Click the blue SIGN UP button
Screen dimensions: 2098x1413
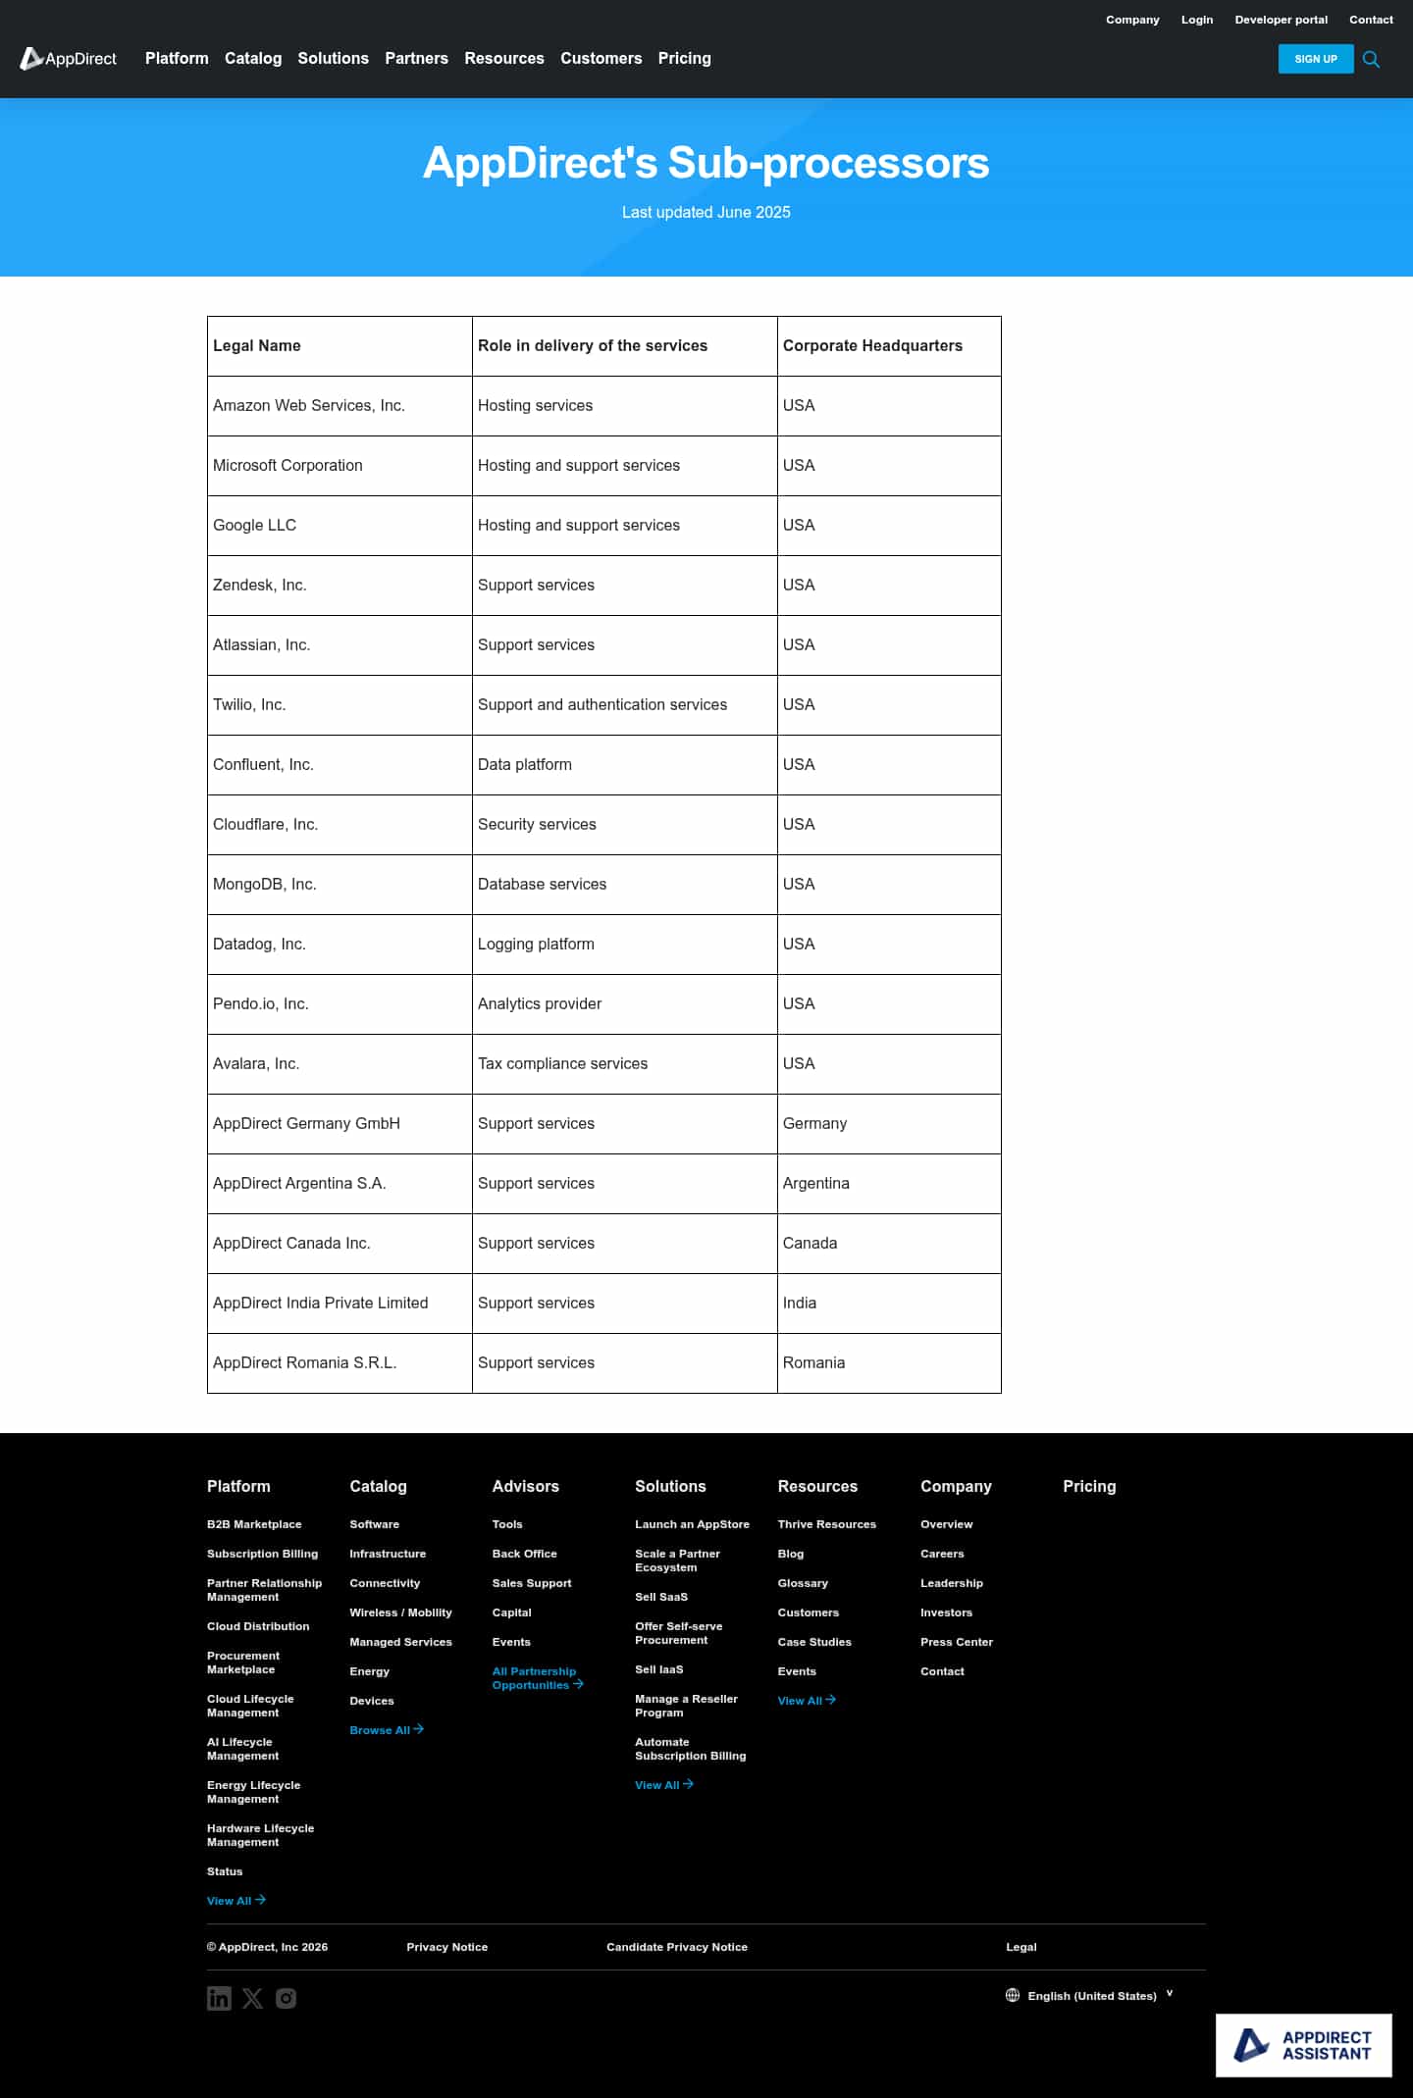click(x=1315, y=59)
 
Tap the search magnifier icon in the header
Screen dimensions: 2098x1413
click(x=1371, y=60)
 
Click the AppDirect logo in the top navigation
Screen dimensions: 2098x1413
click(x=69, y=59)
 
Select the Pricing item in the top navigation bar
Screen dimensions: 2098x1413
click(x=684, y=59)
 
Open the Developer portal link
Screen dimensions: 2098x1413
click(x=1281, y=20)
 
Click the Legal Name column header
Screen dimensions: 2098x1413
click(x=257, y=346)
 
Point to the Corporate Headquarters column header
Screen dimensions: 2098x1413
click(x=872, y=346)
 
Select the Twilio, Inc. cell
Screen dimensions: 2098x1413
click(x=249, y=705)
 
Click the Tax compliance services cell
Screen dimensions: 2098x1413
click(x=562, y=1064)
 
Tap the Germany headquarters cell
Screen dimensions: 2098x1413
click(x=814, y=1124)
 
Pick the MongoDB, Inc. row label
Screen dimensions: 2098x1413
click(x=265, y=885)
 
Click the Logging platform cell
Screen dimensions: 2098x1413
click(x=536, y=945)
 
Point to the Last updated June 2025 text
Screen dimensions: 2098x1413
click(x=706, y=213)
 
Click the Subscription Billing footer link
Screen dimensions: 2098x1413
click(x=262, y=1554)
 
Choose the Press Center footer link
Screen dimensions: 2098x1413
click(x=956, y=1642)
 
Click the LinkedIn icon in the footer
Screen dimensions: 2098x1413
click(x=219, y=1998)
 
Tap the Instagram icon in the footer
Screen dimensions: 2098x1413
click(x=286, y=1998)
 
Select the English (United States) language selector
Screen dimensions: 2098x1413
click(x=1090, y=1996)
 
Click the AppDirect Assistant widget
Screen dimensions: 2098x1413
click(x=1303, y=2045)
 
